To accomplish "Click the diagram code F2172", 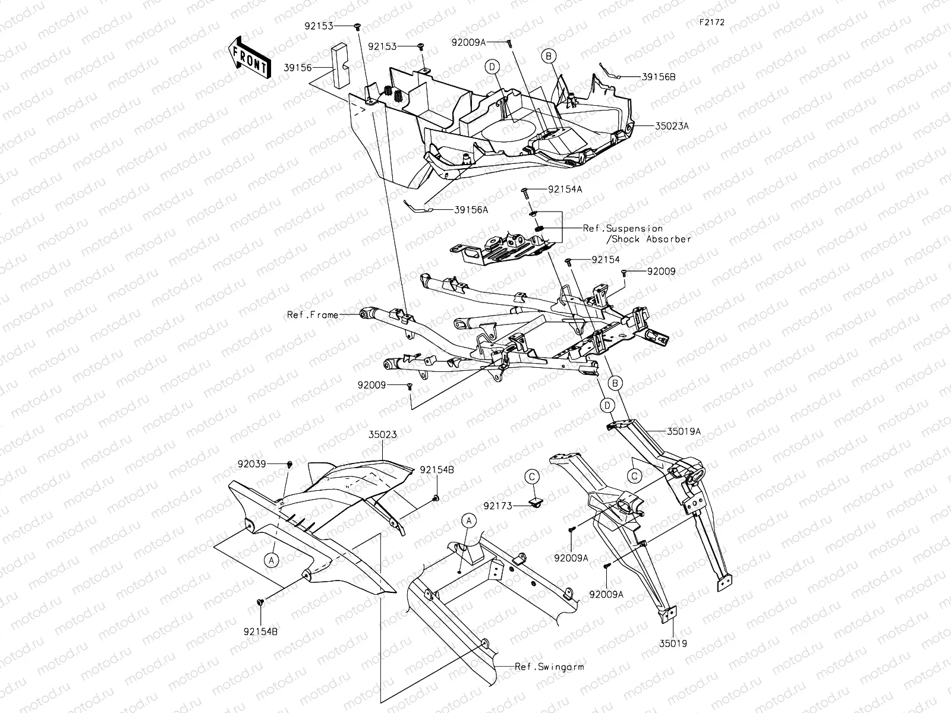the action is pyautogui.click(x=712, y=22).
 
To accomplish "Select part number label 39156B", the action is pyautogui.click(x=659, y=77).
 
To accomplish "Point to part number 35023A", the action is pyautogui.click(x=672, y=126).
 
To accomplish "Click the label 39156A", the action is pyautogui.click(x=471, y=210).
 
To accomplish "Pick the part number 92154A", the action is pyautogui.click(x=565, y=189).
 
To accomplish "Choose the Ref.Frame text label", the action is pyautogui.click(x=313, y=315).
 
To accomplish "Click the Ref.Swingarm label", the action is pyautogui.click(x=549, y=667).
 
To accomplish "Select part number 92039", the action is pyautogui.click(x=252, y=464).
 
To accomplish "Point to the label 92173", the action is pyautogui.click(x=498, y=506).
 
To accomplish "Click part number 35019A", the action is pyautogui.click(x=684, y=431).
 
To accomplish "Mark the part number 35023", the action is pyautogui.click(x=383, y=435).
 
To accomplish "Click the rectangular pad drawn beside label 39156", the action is pyautogui.click(x=340, y=66).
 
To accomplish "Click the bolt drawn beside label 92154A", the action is pyautogui.click(x=525, y=194).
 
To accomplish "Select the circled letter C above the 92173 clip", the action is pyautogui.click(x=532, y=477).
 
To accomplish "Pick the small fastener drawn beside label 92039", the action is pyautogui.click(x=290, y=465).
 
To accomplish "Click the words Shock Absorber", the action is pyautogui.click(x=651, y=239).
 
